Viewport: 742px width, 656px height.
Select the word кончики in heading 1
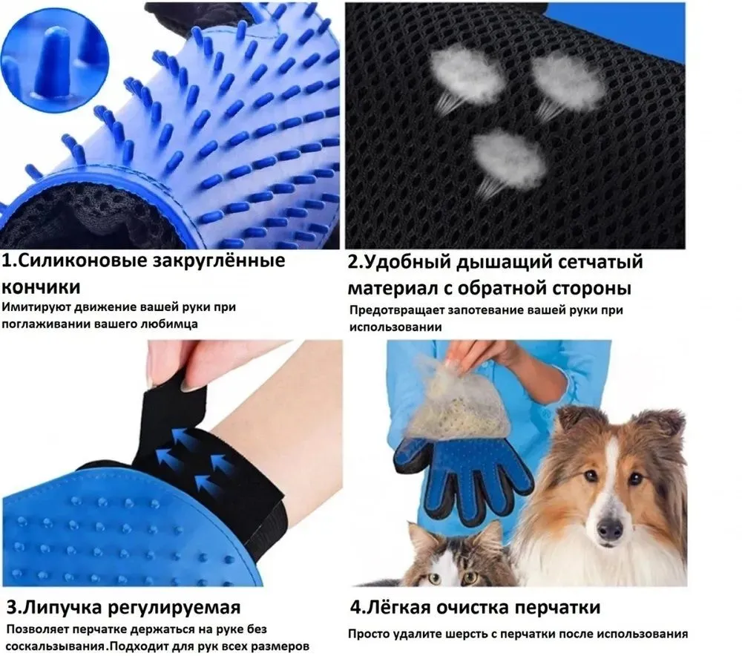[41, 287]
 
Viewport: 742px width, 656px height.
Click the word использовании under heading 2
[395, 327]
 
